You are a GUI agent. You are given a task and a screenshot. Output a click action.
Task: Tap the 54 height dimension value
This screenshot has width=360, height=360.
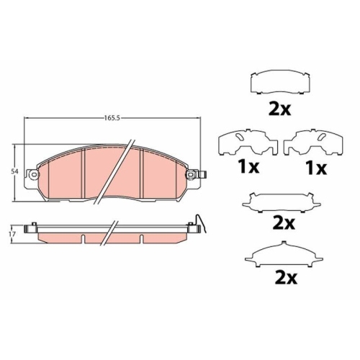pos(14,171)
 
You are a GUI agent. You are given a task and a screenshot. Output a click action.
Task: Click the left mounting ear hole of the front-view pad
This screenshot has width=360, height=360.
pos(31,174)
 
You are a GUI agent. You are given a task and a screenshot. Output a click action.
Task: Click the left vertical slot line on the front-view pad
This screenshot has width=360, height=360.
pos(86,173)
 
